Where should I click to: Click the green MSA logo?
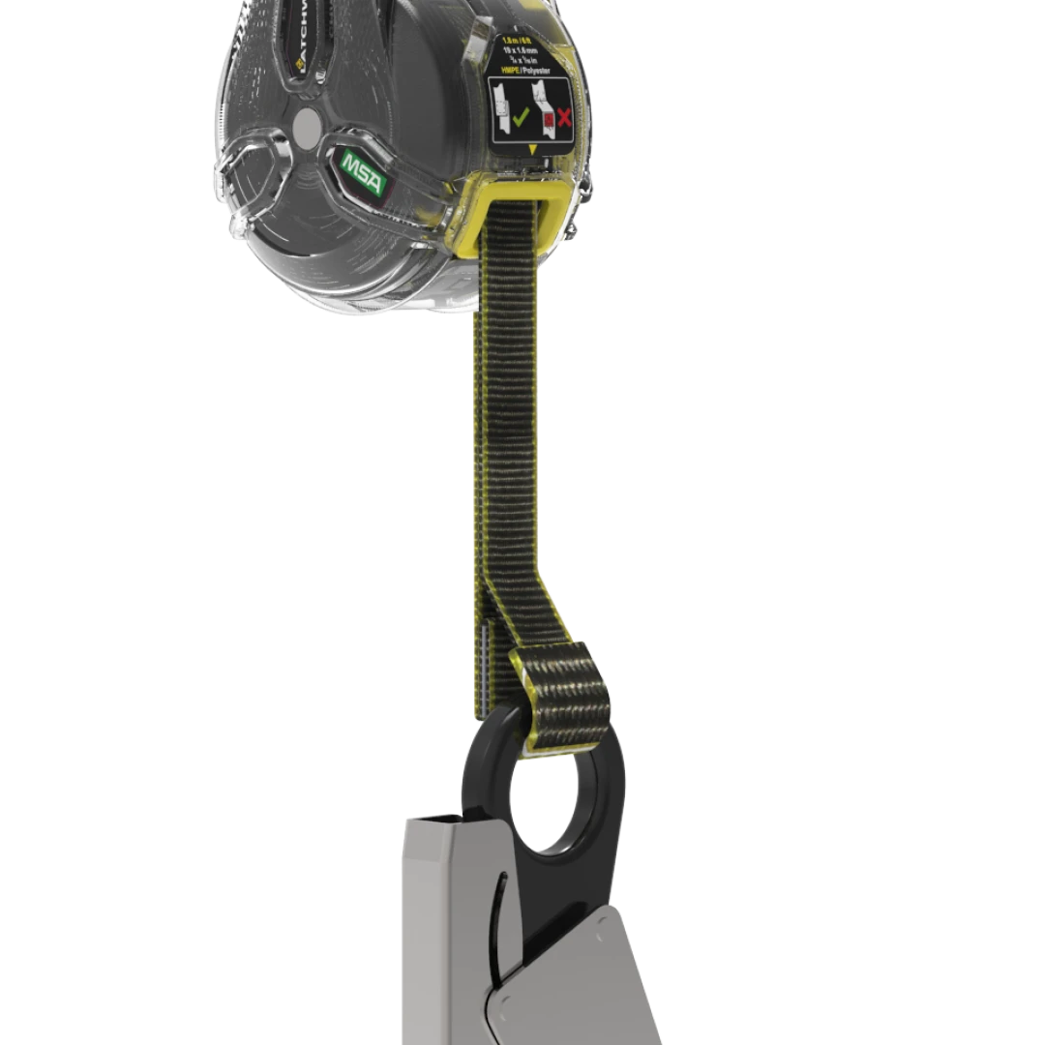pos(363,173)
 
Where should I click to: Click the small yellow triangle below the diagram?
pos(532,149)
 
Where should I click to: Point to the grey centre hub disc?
pos(307,125)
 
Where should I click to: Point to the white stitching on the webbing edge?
pos(481,658)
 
